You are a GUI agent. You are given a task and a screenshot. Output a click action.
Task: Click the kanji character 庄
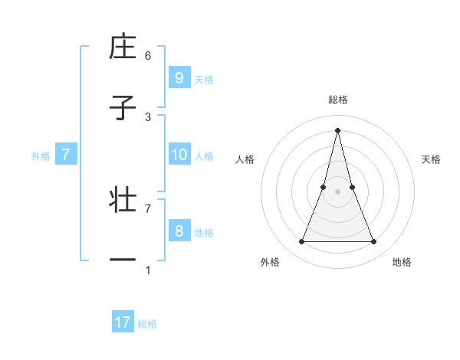[x=123, y=47]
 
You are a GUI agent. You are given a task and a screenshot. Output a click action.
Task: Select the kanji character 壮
[x=123, y=201]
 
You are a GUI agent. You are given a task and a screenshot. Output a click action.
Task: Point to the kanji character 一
[x=123, y=260]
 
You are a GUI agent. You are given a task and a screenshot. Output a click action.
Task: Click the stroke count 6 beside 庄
[x=148, y=56]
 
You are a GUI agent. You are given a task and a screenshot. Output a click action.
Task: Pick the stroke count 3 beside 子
[x=148, y=116]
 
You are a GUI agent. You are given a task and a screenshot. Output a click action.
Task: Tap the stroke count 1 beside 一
[x=148, y=270]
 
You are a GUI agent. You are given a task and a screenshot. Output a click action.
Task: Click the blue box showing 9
[x=179, y=78]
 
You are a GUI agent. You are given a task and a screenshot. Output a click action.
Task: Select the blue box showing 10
[x=179, y=155]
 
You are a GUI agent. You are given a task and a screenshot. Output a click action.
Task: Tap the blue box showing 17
[x=123, y=323]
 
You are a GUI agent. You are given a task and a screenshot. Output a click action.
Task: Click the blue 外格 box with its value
[x=66, y=155]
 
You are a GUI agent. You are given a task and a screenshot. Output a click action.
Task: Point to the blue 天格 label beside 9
[x=204, y=79]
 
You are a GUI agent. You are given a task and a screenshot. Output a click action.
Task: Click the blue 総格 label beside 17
[x=147, y=324]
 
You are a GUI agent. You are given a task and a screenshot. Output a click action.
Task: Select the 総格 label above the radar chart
[x=337, y=100]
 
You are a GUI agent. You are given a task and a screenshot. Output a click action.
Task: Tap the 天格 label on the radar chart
[x=432, y=159]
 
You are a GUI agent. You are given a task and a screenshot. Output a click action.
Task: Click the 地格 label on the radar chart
[x=402, y=262]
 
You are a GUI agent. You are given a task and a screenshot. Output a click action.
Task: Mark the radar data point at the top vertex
[x=337, y=129]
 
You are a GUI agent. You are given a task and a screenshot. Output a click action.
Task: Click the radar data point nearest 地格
[x=373, y=242]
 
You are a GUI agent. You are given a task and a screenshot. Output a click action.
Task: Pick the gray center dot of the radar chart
[x=337, y=191]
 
